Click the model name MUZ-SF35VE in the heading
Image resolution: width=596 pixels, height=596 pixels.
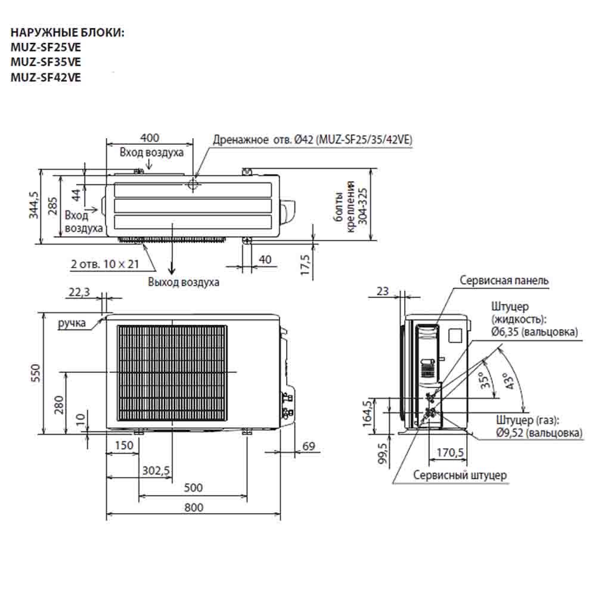(46, 61)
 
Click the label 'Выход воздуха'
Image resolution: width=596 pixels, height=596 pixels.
(184, 282)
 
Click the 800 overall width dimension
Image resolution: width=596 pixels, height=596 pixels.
(193, 507)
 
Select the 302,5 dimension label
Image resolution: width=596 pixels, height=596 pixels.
(156, 471)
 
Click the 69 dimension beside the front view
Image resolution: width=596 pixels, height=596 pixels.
(308, 446)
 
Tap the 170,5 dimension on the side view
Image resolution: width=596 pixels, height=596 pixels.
(451, 452)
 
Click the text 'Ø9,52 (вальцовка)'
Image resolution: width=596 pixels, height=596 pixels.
(539, 433)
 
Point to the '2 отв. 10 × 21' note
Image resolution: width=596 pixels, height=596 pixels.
(105, 264)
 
